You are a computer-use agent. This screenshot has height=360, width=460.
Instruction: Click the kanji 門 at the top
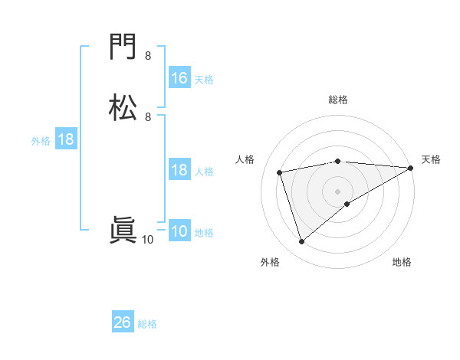123,48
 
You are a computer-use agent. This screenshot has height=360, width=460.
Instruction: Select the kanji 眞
123,231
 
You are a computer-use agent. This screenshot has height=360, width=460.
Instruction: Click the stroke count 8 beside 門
148,56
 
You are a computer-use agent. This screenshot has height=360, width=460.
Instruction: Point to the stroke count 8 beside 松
148,116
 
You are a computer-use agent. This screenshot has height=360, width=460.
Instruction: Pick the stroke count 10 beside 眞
148,240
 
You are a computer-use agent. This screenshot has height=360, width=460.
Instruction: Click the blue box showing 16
179,78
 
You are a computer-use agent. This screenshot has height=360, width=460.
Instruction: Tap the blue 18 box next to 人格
179,170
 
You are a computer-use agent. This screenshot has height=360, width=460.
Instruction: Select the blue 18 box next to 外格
66,139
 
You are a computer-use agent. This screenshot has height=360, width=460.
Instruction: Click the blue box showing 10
179,231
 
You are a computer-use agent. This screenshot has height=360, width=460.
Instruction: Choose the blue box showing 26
123,322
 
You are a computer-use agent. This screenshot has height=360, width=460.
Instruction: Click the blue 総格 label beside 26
147,324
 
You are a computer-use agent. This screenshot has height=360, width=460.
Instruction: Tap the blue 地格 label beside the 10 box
204,233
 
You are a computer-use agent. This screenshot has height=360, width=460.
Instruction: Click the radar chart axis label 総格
338,100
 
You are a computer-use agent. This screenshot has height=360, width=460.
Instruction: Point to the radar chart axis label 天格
431,159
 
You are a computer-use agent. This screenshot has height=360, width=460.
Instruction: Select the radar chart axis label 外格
270,262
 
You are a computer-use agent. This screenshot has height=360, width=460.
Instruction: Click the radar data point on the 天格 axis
411,168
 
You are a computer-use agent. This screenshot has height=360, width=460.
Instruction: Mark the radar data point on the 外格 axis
301,242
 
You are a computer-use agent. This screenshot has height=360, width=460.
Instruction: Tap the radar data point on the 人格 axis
280,172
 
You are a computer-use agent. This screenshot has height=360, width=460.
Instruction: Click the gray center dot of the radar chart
338,191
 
